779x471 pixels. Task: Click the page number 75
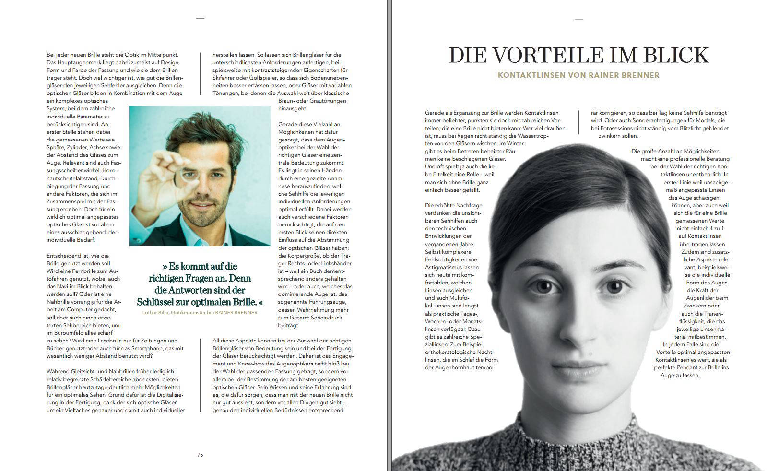click(200, 455)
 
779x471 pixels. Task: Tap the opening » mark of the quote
click(165, 266)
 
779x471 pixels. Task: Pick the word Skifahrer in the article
click(227, 78)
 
